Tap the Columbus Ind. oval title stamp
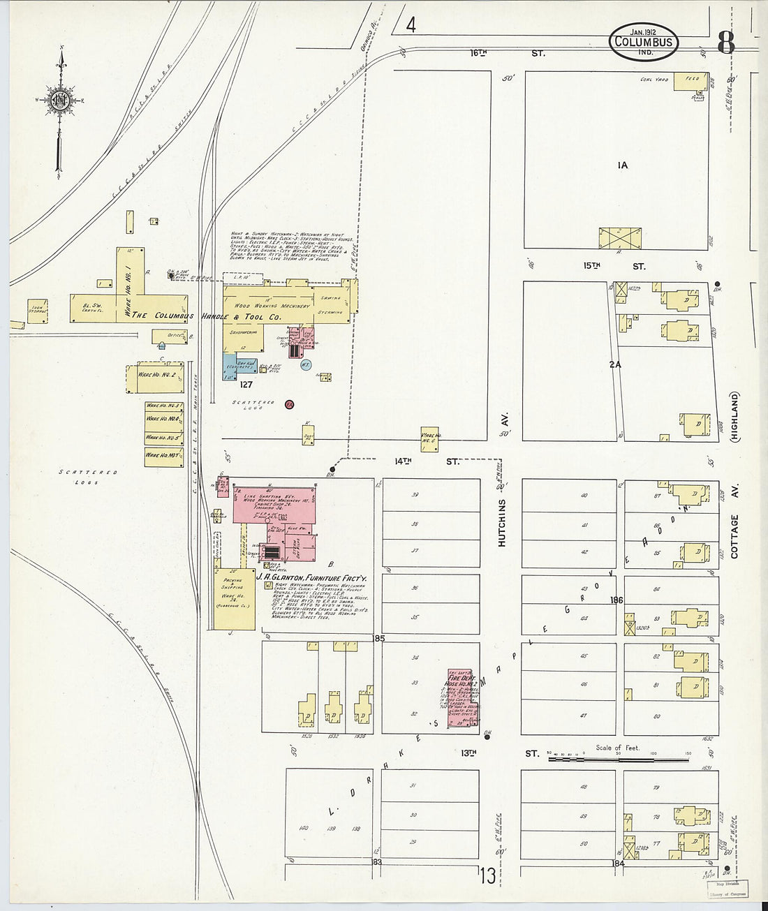point(643,42)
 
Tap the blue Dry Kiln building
point(230,366)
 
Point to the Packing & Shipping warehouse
point(234,599)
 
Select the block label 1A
point(622,165)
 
